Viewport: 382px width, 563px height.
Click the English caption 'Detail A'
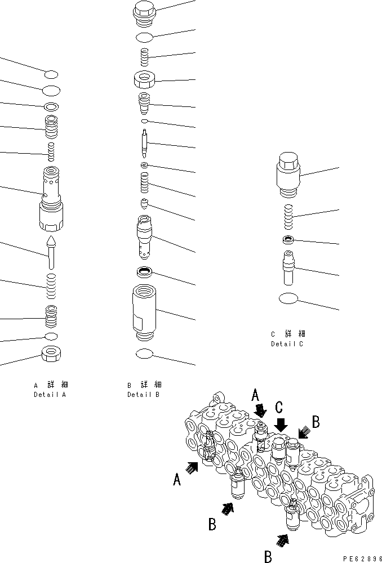[x=50, y=395]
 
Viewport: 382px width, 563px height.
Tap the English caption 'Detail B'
[x=143, y=395]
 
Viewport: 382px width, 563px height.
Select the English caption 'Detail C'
[x=287, y=343]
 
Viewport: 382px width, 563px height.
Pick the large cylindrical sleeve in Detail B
[x=145, y=313]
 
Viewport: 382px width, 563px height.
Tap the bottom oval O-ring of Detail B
[x=145, y=353]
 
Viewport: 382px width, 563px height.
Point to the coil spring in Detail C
[x=288, y=216]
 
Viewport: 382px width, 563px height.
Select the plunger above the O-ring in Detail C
[x=288, y=268]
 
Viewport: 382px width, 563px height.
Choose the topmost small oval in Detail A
[x=51, y=74]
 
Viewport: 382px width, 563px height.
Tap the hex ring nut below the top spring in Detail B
[x=145, y=80]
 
